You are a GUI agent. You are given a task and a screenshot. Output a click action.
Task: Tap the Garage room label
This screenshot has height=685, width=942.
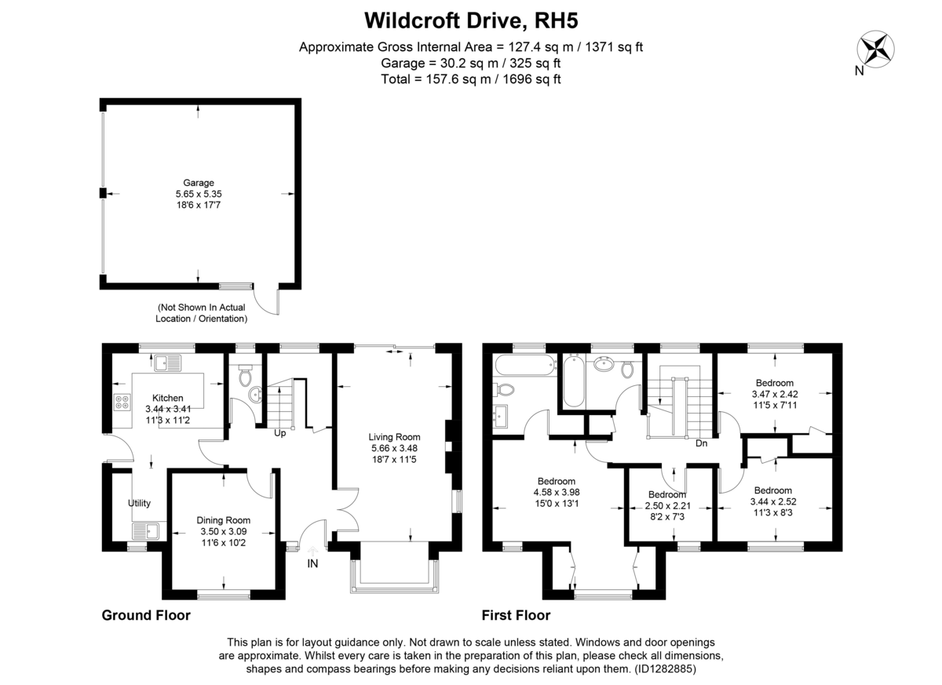pos(198,183)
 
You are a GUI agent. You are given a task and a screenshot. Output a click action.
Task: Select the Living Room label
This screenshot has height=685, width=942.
pos(395,437)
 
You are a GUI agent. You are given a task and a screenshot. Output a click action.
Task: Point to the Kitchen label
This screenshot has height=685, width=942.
pos(167,398)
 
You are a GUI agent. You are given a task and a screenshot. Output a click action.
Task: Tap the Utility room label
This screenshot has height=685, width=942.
pos(140,504)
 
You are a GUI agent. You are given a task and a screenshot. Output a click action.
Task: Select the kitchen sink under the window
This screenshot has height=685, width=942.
pos(167,362)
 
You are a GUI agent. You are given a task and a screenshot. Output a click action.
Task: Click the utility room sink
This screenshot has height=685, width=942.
pos(145,530)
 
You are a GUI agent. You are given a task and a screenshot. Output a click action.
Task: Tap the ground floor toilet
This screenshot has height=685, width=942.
pos(244,377)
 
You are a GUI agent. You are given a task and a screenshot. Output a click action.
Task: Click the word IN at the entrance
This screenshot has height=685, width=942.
pos(313,563)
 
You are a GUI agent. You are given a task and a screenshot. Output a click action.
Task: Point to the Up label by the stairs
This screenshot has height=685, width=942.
pos(279,433)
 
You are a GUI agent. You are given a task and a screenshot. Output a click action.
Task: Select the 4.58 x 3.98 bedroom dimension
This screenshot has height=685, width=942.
pos(557,493)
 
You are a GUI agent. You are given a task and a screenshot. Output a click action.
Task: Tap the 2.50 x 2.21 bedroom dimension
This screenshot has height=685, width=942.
pos(666,506)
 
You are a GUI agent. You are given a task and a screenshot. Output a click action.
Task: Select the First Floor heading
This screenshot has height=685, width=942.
pos(516,615)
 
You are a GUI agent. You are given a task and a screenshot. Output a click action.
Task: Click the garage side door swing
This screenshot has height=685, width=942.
pos(271,302)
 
